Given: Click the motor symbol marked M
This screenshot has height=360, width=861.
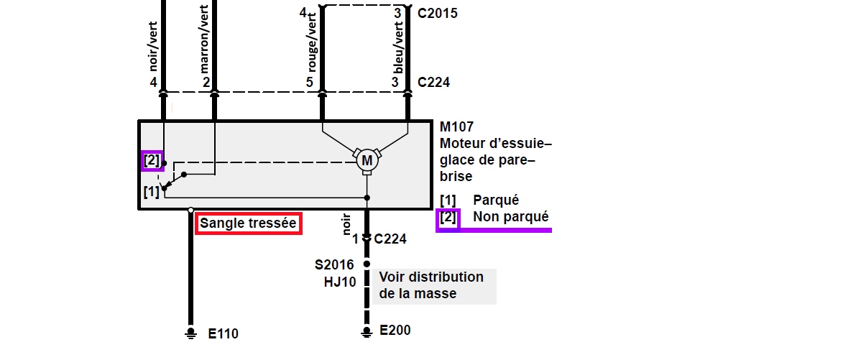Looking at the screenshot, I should (x=367, y=160).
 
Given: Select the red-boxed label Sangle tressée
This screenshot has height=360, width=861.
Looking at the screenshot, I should (x=248, y=223).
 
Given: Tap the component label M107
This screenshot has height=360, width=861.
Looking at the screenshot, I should (x=457, y=126).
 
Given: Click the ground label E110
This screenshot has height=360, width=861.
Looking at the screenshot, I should (x=223, y=333).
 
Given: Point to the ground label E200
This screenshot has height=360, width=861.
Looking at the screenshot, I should (x=395, y=330).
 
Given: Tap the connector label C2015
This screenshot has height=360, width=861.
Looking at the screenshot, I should (x=437, y=13).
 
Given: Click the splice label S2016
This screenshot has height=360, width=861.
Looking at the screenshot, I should (x=336, y=265).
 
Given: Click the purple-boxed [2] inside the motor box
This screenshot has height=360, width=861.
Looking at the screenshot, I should (x=152, y=160).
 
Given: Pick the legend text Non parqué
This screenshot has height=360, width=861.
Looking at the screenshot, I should (x=510, y=216).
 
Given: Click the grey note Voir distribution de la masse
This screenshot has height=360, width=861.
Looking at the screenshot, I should (x=431, y=285).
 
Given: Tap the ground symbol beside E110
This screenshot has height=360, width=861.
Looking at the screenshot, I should (x=191, y=332).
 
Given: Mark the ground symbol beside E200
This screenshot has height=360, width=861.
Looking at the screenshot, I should (x=367, y=331).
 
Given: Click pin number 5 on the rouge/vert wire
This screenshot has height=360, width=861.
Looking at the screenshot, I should (x=309, y=83).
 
